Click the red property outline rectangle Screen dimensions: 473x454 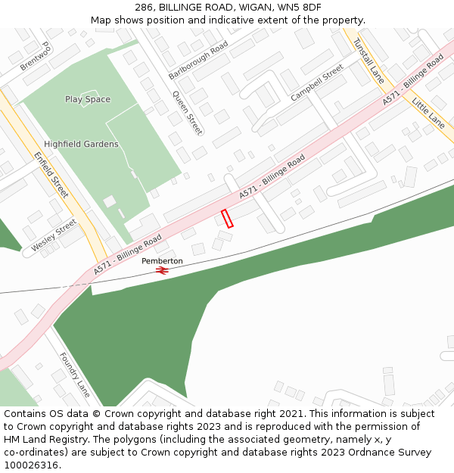pos(227,219)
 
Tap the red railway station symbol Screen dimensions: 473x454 pos(162,269)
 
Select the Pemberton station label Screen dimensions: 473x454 pos(162,260)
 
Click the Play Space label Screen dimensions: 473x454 pos(88,99)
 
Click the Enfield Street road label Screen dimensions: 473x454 pos(51,174)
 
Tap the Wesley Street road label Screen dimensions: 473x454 pos(54,237)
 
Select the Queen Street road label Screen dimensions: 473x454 pos(188,113)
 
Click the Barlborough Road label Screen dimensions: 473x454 pos(198,61)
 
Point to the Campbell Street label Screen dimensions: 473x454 pos(317,83)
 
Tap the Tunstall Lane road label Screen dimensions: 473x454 pos(368,60)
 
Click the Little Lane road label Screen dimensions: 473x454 pos(429,110)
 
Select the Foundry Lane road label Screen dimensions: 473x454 pos(75,375)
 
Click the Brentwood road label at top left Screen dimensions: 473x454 pos(35,58)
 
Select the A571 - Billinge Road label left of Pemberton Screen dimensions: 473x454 pos(128,255)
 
